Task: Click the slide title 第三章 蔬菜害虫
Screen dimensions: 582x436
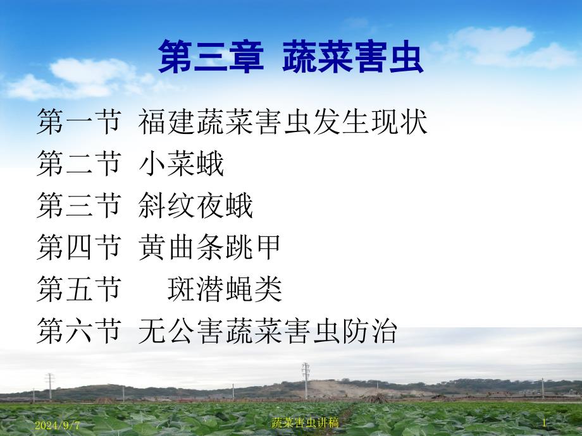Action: click(x=291, y=57)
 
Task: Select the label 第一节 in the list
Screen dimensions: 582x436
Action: click(x=79, y=121)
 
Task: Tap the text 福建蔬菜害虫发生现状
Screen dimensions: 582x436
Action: click(x=283, y=121)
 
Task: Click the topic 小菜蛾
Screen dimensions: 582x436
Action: click(x=182, y=164)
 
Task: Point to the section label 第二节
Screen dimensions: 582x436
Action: click(x=79, y=164)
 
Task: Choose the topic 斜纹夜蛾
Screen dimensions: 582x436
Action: click(x=195, y=205)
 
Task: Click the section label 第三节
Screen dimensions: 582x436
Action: click(x=79, y=205)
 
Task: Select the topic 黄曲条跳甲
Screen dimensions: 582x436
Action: click(x=209, y=247)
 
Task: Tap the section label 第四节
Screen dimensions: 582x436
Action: click(x=79, y=247)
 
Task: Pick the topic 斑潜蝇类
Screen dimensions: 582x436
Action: click(x=225, y=289)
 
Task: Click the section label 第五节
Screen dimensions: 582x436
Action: click(x=79, y=289)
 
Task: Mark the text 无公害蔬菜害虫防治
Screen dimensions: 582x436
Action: click(x=268, y=330)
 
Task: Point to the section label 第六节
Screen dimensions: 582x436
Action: click(x=79, y=330)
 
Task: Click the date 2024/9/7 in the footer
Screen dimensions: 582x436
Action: click(x=57, y=425)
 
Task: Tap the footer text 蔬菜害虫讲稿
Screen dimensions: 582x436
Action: click(x=305, y=423)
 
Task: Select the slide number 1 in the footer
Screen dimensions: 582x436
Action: click(x=545, y=423)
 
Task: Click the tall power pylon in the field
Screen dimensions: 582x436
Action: click(x=306, y=381)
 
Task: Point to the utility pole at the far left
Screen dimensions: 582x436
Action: click(x=50, y=386)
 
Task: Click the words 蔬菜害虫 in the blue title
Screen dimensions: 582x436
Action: click(x=353, y=57)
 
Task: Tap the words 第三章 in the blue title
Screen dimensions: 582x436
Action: click(x=211, y=57)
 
